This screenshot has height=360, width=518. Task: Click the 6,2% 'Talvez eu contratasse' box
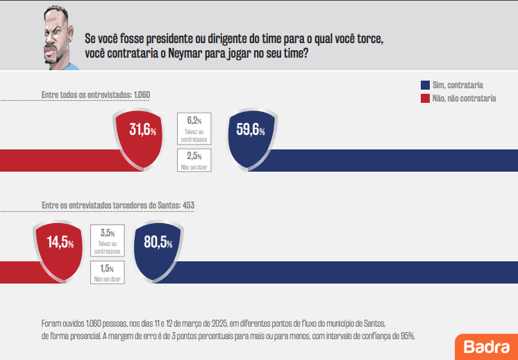coord(194,129)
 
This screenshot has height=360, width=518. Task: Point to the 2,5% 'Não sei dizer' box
coord(194,160)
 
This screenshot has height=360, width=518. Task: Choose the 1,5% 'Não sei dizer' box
coord(108,272)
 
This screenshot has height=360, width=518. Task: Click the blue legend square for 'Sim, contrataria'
coord(425,85)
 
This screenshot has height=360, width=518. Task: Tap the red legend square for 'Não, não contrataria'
coord(425,99)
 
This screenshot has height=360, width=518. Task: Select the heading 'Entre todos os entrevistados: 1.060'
coord(96,94)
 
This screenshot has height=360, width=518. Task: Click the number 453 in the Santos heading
coord(187,206)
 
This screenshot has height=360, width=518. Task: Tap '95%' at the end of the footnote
coord(406,336)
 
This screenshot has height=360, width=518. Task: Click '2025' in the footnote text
coord(221,325)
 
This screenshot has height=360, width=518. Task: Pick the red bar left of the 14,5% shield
coord(17,272)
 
